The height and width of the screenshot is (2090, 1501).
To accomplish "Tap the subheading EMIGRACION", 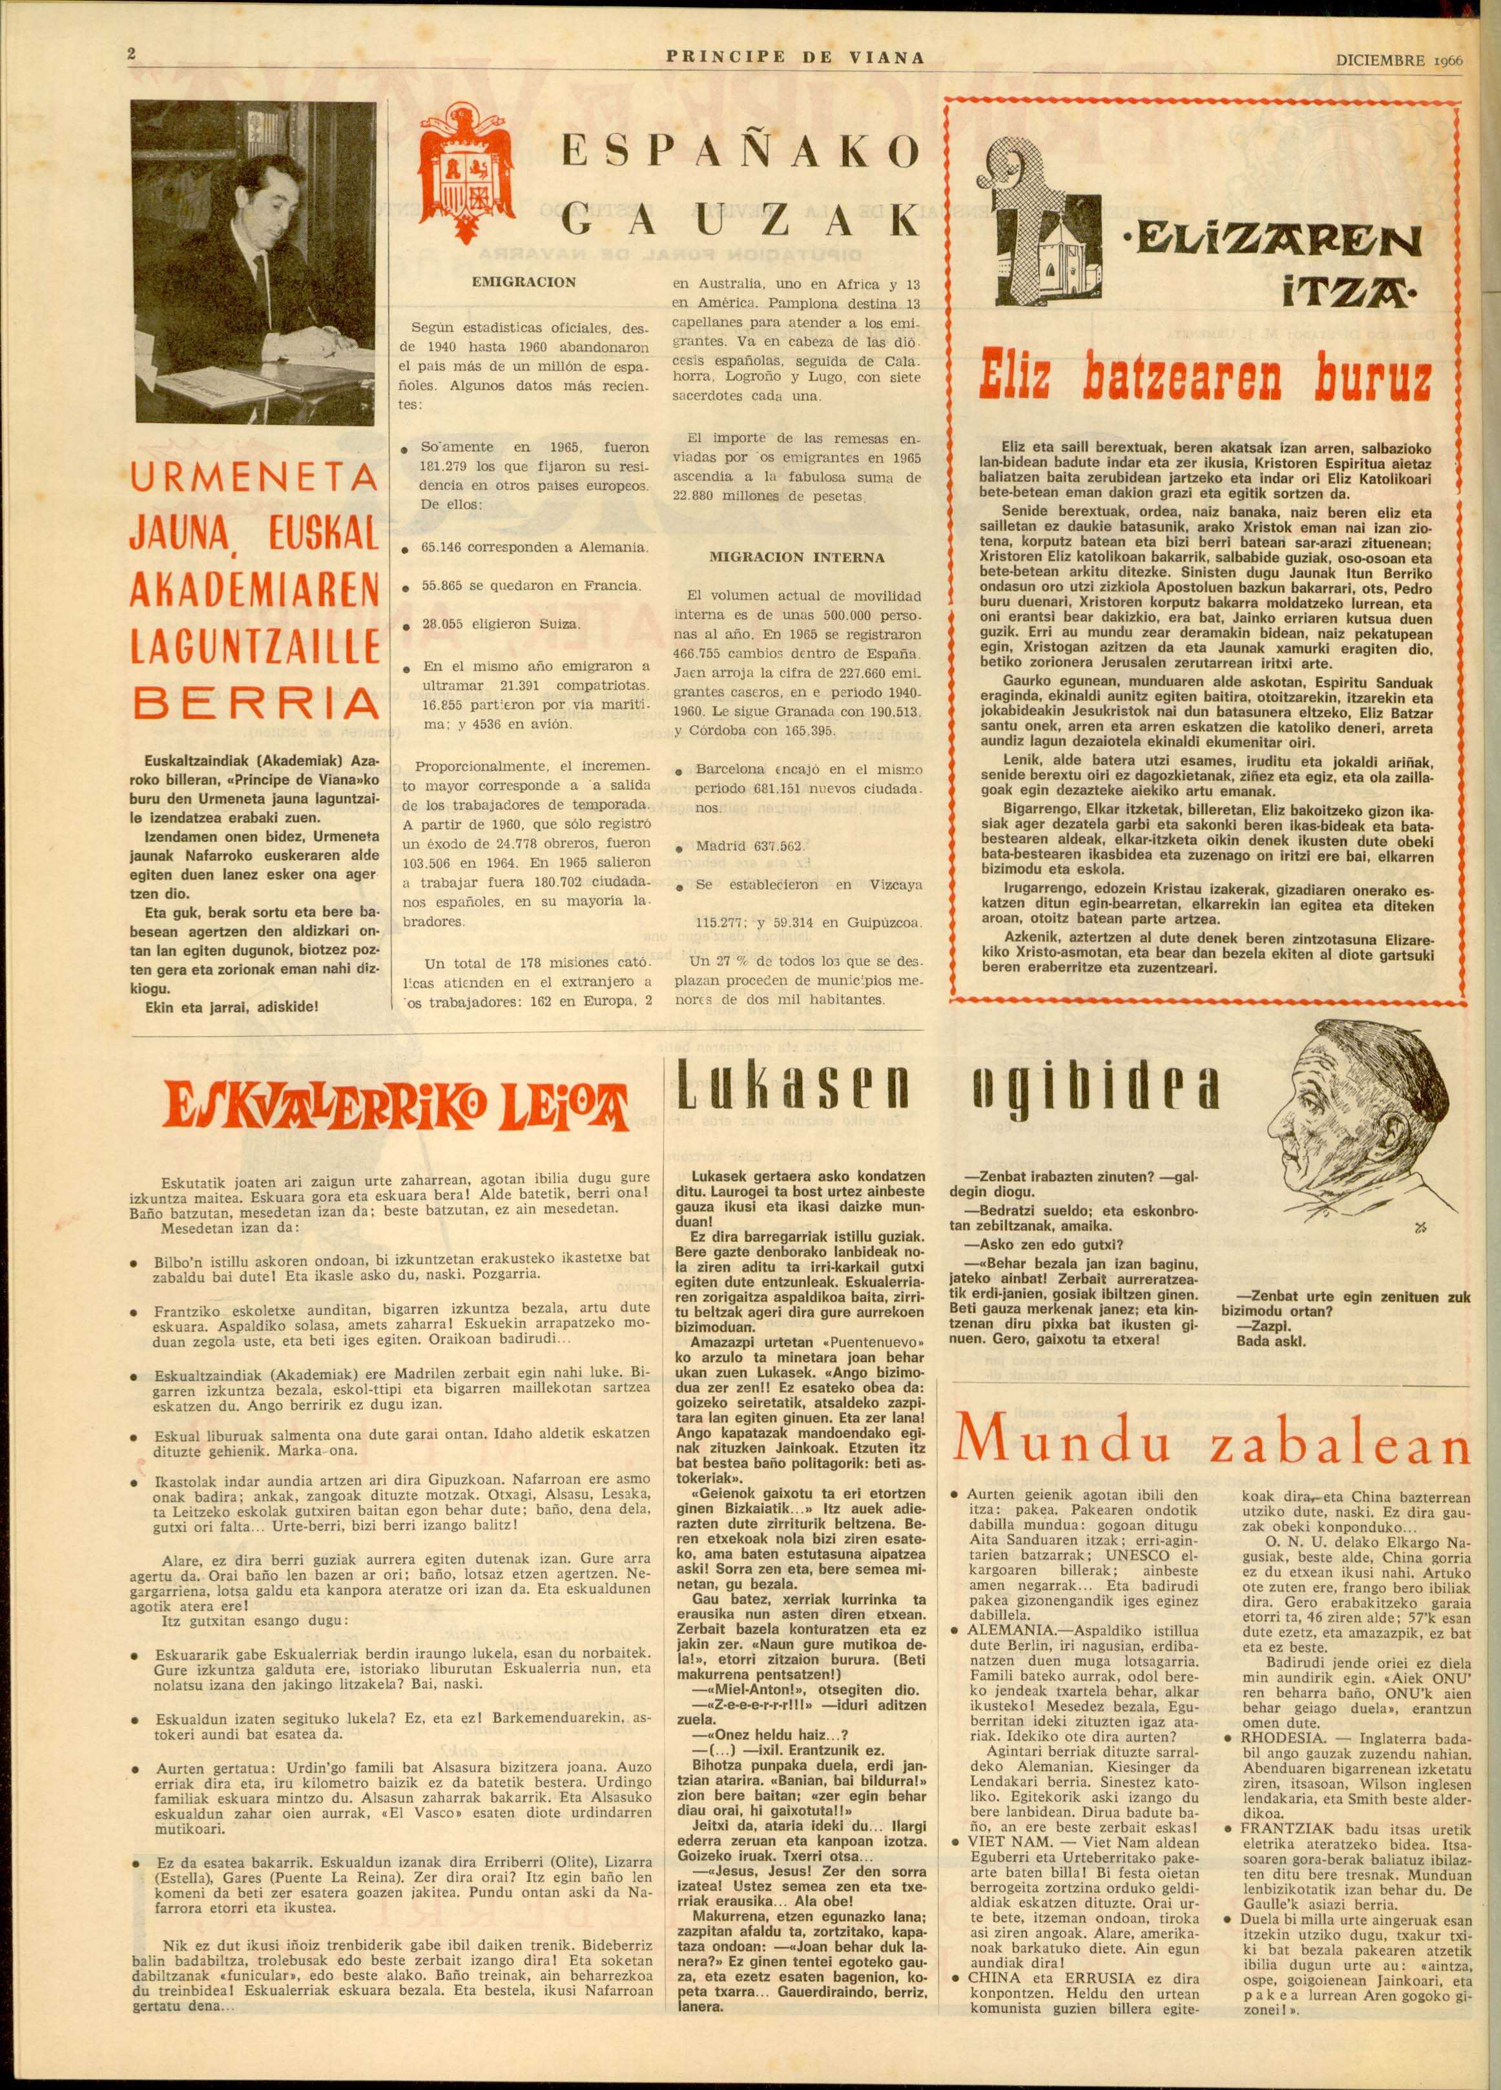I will [x=523, y=282].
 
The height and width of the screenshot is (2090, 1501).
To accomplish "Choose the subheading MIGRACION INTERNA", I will [x=796, y=557].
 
